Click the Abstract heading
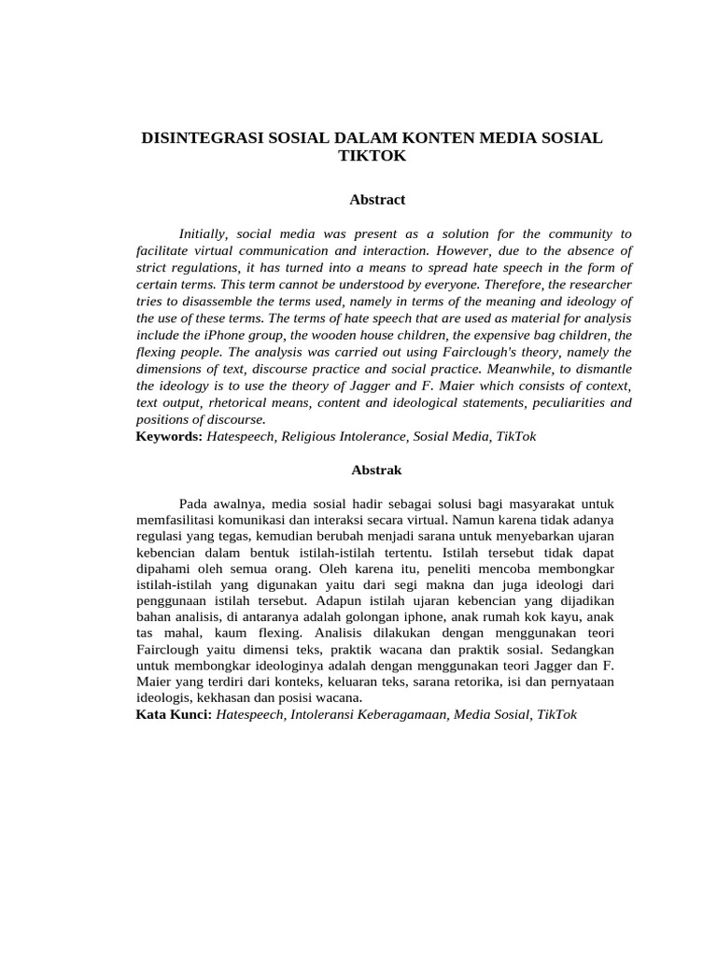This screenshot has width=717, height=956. pos(377,200)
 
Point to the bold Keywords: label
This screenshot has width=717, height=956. pos(169,436)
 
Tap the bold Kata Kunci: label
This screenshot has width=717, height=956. pos(175,714)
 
